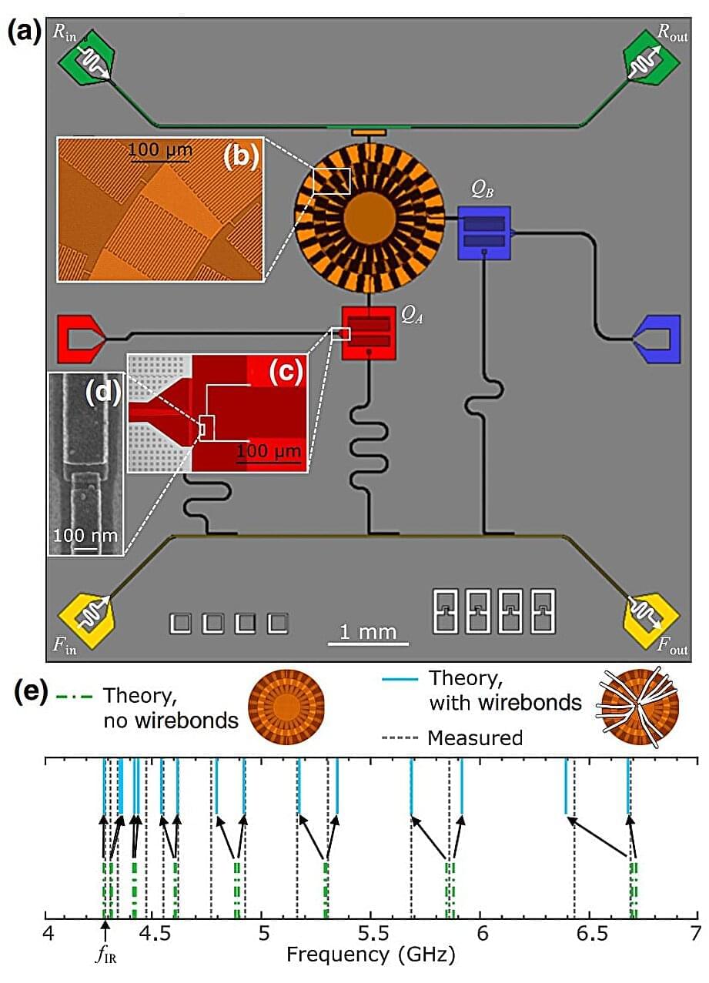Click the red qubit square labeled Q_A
(x=369, y=333)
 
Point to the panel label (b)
(x=240, y=157)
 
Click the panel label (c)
(x=285, y=373)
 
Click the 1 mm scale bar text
(x=368, y=632)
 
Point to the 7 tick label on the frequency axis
(x=696, y=935)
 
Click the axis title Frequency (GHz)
(x=371, y=956)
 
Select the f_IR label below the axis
(x=102, y=958)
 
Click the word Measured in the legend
(x=475, y=738)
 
